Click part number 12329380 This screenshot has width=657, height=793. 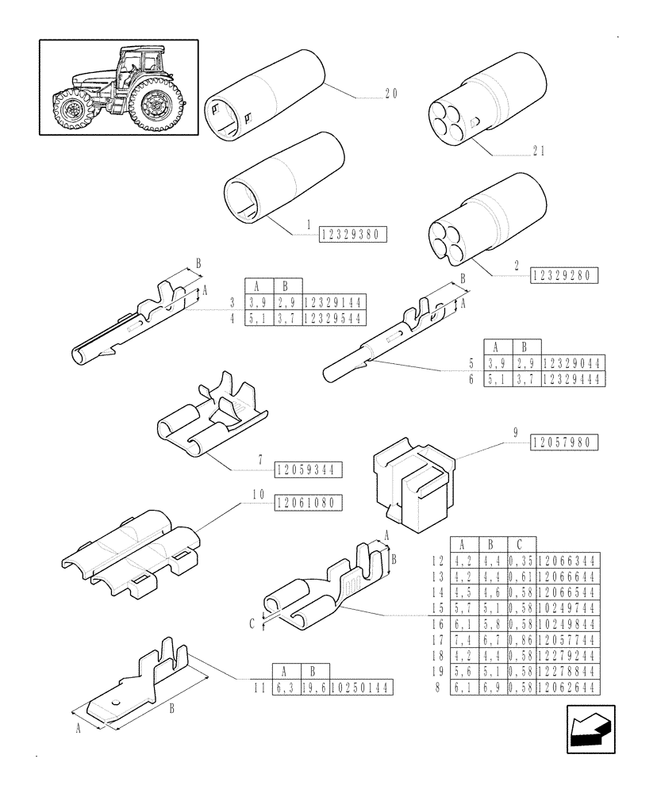point(353,234)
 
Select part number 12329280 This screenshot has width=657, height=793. point(565,275)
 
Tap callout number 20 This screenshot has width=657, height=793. point(390,94)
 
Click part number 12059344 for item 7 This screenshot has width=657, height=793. point(309,469)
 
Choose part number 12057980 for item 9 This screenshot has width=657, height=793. point(565,442)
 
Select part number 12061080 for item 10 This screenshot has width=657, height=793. point(309,502)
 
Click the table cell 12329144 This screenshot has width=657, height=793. point(333,303)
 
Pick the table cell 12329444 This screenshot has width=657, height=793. point(573,380)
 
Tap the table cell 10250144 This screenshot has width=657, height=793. point(363,688)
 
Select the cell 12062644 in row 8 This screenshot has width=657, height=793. point(568,689)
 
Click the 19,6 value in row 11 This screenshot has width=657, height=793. point(316,688)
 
